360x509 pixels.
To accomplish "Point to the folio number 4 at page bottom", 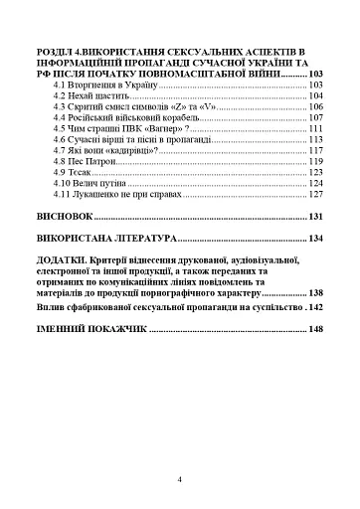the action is pos(179,479).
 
